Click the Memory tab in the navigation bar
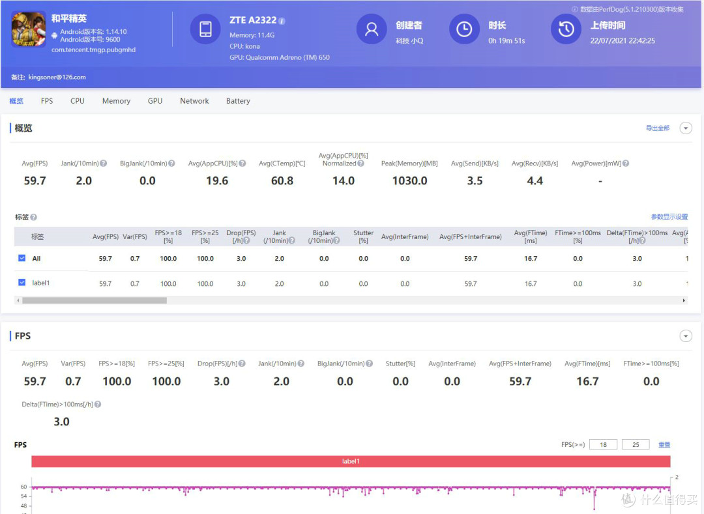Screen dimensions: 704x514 coord(116,101)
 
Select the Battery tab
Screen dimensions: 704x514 coord(238,101)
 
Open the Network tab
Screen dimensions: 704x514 coord(194,101)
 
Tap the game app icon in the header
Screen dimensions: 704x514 coord(29,29)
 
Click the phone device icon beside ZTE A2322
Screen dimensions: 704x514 coord(205,29)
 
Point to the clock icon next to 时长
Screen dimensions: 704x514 coord(464,29)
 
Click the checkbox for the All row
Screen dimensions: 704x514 coord(22,258)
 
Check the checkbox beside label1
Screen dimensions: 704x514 coord(22,282)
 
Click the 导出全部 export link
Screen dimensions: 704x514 coord(657,128)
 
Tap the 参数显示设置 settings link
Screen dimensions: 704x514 coord(669,217)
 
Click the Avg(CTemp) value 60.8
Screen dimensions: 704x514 coord(282,180)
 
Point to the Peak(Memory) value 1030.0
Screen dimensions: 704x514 coord(409,180)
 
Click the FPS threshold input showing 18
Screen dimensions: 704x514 coord(603,444)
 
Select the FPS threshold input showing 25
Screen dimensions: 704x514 coord(636,444)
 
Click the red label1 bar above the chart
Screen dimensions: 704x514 coord(351,461)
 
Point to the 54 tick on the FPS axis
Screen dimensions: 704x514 coord(24,496)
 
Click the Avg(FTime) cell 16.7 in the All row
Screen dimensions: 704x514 coord(530,259)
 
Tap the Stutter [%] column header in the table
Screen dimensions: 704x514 coord(363,236)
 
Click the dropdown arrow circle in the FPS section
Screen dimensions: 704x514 coord(686,336)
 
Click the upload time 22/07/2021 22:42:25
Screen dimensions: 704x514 coord(623,41)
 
